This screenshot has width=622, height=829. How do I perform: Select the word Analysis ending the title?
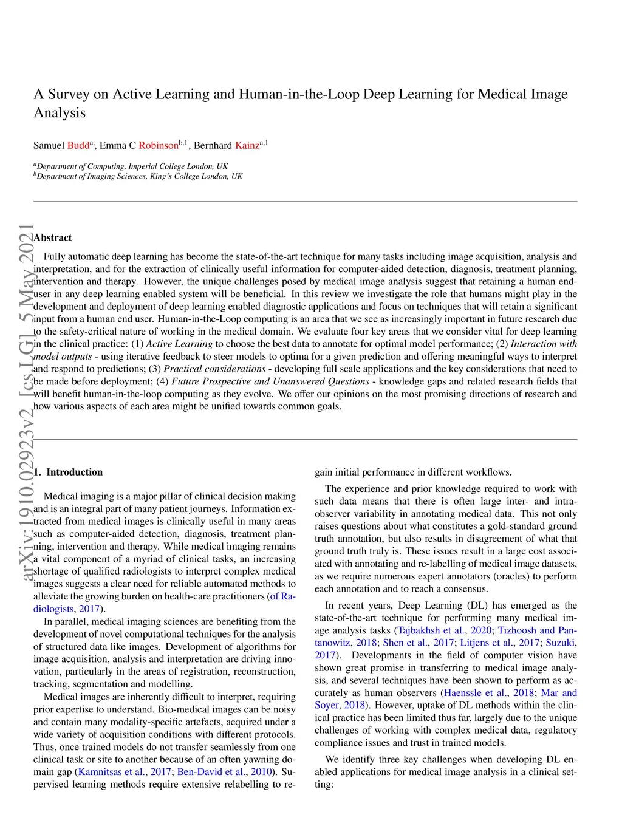click(60, 113)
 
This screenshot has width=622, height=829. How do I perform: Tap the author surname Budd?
click(78, 146)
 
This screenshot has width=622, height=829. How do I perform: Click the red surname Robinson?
click(159, 146)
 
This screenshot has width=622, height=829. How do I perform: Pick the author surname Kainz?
click(247, 146)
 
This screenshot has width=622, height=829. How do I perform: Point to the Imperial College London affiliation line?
click(131, 166)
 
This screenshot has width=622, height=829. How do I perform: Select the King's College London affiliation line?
click(138, 176)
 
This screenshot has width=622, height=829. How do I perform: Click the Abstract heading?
click(53, 237)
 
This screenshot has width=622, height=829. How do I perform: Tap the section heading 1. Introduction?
click(68, 472)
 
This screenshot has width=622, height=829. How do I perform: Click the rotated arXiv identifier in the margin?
click(27, 401)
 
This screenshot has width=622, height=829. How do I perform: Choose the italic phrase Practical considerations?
click(214, 369)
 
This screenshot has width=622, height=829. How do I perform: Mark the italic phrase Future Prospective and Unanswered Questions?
click(270, 381)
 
